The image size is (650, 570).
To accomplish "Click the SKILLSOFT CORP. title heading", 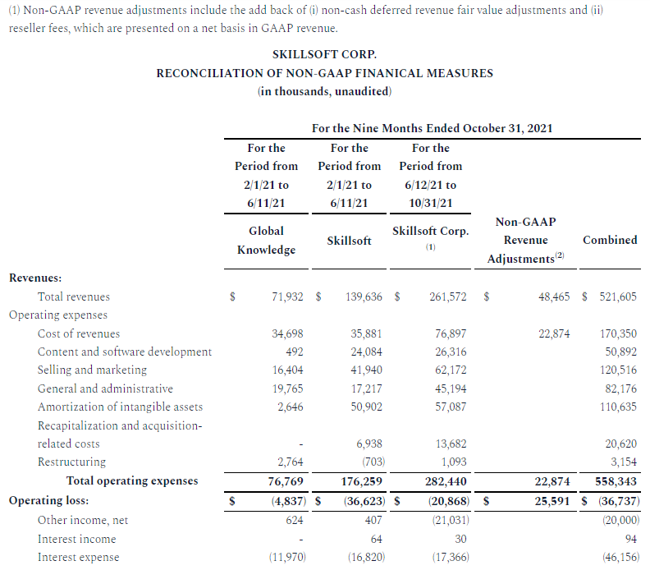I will pyautogui.click(x=324, y=54).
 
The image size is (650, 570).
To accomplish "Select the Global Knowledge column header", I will pyautogui.click(x=266, y=240).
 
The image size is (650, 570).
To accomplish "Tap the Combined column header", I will pyautogui.click(x=609, y=240).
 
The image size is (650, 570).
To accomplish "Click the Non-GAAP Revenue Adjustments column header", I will pyautogui.click(x=525, y=240).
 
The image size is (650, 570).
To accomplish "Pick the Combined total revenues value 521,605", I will pyautogui.click(x=616, y=296).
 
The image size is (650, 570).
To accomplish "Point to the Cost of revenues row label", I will pyautogui.click(x=79, y=333).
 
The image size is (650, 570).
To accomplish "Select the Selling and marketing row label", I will pyautogui.click(x=92, y=370).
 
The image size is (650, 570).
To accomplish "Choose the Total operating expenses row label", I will pyautogui.click(x=132, y=480).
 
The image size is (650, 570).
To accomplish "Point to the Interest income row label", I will pyautogui.click(x=76, y=539).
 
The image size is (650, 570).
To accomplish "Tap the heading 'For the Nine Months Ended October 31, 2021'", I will pyautogui.click(x=432, y=128).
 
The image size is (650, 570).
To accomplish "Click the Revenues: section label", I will pyautogui.click(x=34, y=278).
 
